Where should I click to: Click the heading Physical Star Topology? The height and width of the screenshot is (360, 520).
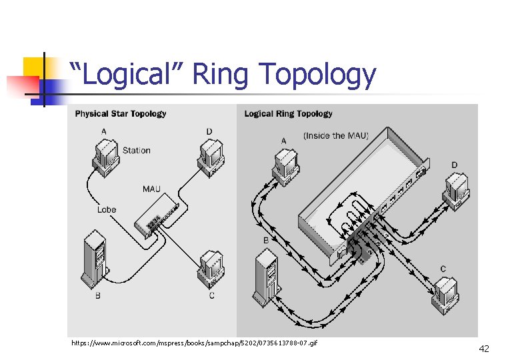121,114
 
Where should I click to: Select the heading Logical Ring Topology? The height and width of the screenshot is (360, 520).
288,114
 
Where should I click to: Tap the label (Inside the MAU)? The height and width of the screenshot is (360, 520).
335,135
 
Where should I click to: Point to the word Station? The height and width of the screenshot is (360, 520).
137,151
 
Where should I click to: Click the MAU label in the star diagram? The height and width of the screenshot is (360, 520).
151,189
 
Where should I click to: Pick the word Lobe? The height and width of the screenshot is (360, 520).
107,209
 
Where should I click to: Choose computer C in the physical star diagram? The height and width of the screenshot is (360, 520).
211,267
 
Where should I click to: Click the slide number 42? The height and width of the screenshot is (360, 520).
484,348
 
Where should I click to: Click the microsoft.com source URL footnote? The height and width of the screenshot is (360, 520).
194,343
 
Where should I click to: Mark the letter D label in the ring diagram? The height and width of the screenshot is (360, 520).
454,165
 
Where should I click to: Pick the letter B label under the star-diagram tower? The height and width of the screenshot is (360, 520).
98,295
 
